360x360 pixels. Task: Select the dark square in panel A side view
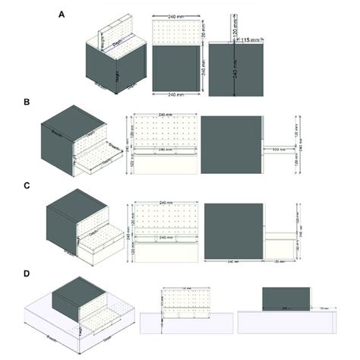pyautogui.click(x=235, y=69)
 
